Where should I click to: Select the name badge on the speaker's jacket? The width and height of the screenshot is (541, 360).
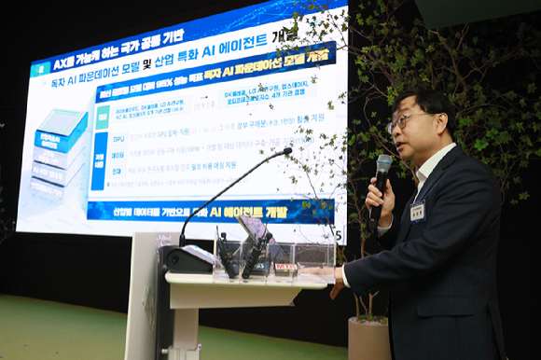(x=417, y=213)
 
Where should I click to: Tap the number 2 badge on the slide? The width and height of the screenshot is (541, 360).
(x=40, y=68)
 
